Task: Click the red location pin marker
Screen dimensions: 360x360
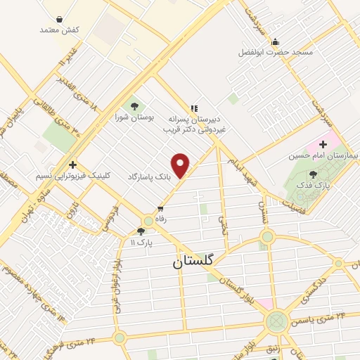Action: coord(181,165)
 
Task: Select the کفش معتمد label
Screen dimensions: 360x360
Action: coord(58,30)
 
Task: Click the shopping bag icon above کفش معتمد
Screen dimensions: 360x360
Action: coord(58,19)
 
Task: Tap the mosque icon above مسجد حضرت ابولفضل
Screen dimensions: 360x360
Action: coord(276,42)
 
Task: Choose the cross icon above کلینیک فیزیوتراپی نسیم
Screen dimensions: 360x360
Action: coord(72,164)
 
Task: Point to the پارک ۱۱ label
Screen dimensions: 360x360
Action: coord(141,241)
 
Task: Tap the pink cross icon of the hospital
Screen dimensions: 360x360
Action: coord(333,144)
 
